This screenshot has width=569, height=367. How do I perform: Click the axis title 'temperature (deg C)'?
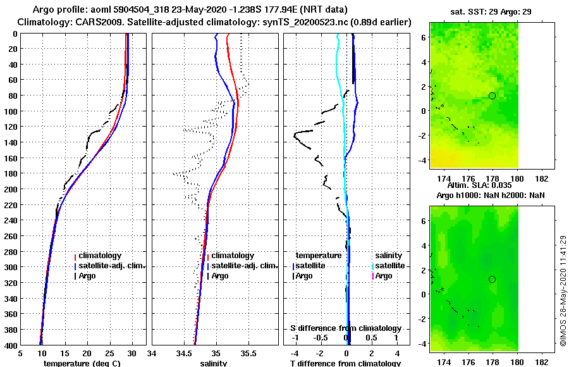[x=82, y=363]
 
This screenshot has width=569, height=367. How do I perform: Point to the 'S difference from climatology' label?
[x=346, y=328]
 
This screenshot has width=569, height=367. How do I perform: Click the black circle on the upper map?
[x=492, y=96]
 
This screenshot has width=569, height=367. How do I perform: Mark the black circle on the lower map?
[x=492, y=279]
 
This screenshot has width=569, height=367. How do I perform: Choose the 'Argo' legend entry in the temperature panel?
[x=89, y=276]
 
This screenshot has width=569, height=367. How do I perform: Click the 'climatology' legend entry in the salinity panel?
[x=232, y=256]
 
